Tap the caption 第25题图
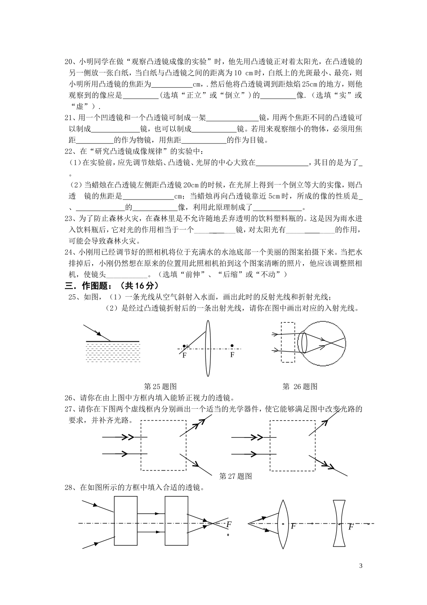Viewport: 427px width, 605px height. pyautogui.click(x=160, y=386)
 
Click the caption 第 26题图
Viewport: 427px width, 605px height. pyautogui.click(x=300, y=386)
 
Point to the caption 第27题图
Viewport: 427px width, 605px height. pyautogui.click(x=235, y=476)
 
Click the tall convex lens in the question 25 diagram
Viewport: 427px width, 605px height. pyautogui.click(x=207, y=348)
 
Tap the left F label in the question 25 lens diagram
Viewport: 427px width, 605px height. pyautogui.click(x=184, y=355)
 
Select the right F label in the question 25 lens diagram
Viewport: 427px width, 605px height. pyautogui.click(x=232, y=355)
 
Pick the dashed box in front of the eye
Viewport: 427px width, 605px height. pyautogui.click(x=288, y=342)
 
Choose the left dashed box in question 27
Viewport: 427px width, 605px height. pyautogui.click(x=163, y=445)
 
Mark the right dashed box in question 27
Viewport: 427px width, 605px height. pyautogui.click(x=292, y=445)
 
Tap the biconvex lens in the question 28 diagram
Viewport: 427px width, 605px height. pyautogui.click(x=282, y=524)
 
